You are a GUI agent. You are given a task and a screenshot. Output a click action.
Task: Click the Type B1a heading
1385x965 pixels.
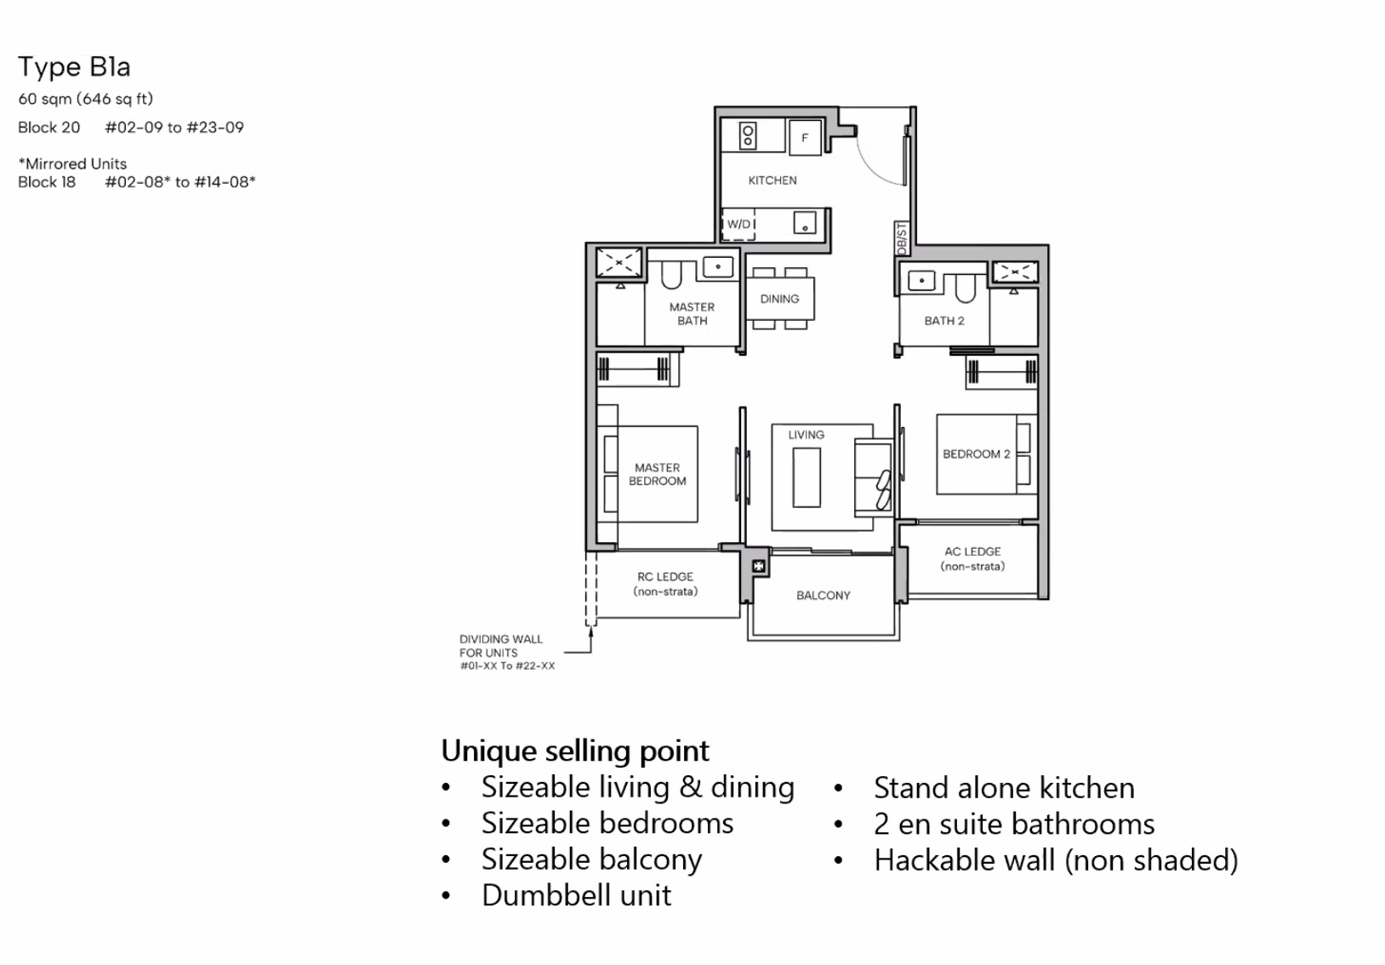[74, 66]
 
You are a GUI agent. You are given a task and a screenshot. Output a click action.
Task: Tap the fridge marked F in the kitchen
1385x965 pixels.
[805, 138]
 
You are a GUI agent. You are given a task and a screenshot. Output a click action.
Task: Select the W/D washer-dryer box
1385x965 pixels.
[738, 224]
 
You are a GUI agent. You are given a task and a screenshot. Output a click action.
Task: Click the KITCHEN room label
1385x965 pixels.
[772, 180]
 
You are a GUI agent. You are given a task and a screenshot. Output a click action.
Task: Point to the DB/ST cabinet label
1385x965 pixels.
[903, 238]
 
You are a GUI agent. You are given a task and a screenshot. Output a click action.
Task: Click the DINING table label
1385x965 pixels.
[779, 299]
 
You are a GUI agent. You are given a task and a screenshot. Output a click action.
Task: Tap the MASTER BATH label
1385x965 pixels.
[692, 313]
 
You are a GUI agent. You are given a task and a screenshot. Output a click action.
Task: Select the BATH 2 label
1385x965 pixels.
[944, 321]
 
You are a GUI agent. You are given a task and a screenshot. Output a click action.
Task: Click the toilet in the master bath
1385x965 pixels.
[672, 275]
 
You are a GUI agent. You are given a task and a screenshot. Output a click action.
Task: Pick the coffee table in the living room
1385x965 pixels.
[806, 477]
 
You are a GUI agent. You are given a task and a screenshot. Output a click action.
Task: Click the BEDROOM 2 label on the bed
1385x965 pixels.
[976, 454]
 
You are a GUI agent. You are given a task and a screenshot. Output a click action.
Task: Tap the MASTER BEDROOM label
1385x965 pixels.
[657, 474]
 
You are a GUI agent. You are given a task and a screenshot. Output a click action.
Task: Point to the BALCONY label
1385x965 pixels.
[823, 596]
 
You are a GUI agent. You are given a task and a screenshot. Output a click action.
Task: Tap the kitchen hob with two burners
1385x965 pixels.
[748, 135]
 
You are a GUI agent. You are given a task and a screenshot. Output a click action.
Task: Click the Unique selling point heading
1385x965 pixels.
[574, 751]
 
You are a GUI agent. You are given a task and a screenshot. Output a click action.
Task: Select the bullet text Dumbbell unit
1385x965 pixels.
[576, 895]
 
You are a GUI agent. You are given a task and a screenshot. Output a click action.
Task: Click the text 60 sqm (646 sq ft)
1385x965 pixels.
[85, 99]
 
